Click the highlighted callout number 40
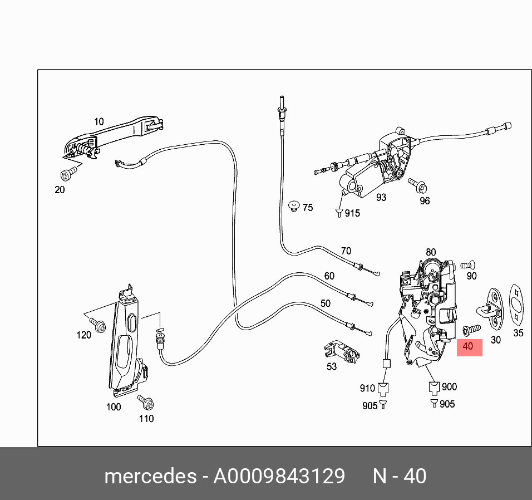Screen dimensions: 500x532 [x=468, y=346]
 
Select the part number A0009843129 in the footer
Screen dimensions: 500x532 [x=279, y=477]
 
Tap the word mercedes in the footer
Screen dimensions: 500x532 [x=150, y=477]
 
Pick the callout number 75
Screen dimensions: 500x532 [x=307, y=208]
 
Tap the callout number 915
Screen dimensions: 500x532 [x=352, y=213]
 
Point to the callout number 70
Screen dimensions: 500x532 [x=346, y=251]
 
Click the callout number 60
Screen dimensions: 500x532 [x=329, y=276]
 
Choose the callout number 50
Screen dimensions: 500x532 [x=325, y=303]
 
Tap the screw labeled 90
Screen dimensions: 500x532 [x=467, y=264]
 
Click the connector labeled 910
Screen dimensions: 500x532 [x=382, y=388]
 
